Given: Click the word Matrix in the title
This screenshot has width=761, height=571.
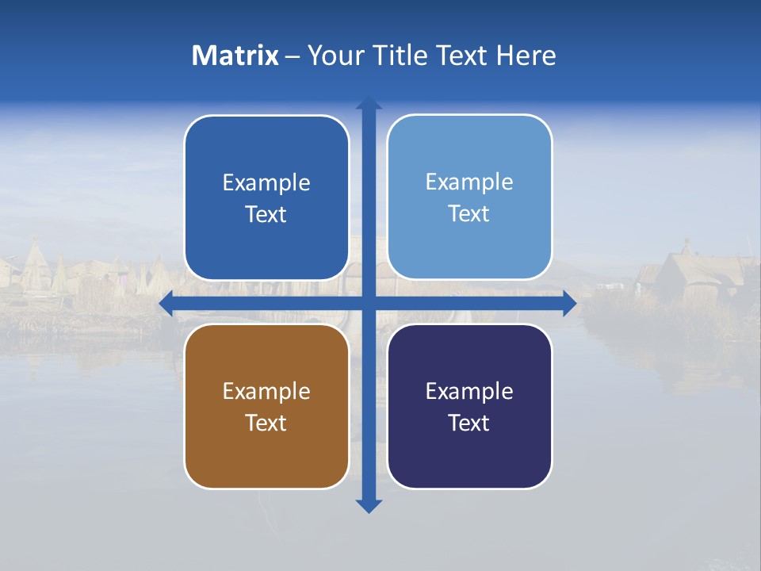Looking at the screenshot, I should coord(235,56).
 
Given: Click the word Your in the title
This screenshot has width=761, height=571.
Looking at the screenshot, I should coord(334,56).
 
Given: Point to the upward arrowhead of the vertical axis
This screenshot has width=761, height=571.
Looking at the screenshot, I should coord(369,102).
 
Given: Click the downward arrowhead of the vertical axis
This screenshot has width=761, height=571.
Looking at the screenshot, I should coord(369,506).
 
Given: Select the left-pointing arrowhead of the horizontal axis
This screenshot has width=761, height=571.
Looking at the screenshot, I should coord(166,303).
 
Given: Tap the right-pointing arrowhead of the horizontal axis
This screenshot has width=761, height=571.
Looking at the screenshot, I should coord(569,303).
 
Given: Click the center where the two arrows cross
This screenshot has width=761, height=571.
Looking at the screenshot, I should coord(369,303).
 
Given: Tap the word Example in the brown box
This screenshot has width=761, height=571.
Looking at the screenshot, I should coord(266,391).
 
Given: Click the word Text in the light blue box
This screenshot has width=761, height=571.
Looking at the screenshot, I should coord(469,213).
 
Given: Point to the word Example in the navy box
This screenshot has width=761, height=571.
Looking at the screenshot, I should coord(469,391).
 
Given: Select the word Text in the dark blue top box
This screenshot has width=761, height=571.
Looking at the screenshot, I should coord(266,214).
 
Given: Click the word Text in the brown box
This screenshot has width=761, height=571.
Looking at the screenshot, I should coord(266,423).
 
